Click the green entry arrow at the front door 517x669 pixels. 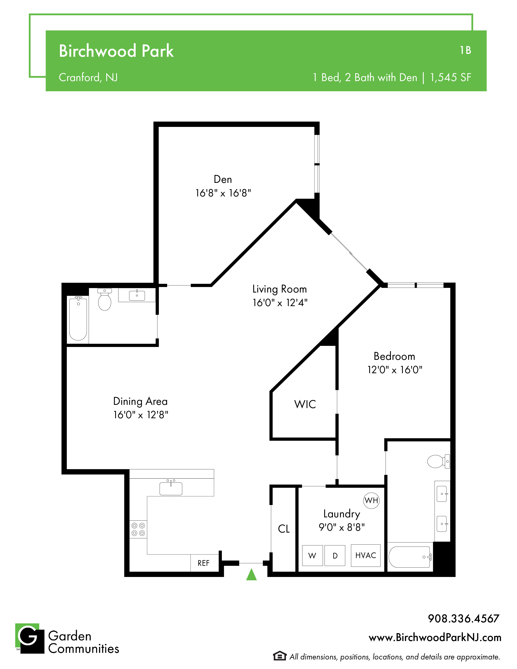click(x=251, y=575)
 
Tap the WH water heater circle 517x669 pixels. click(x=371, y=501)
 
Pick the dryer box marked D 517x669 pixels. click(x=335, y=555)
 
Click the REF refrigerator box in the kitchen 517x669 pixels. click(x=204, y=563)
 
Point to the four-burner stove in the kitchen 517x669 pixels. click(x=138, y=529)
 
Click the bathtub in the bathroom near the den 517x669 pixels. click(x=78, y=318)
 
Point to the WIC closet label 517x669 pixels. click(x=305, y=404)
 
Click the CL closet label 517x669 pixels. click(x=284, y=529)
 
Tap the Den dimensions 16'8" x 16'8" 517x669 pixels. click(x=223, y=193)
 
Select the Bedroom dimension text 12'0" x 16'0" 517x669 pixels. click(x=395, y=370)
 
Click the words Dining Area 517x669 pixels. click(x=141, y=401)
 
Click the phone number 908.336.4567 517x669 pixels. click(x=464, y=619)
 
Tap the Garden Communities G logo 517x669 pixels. click(x=30, y=638)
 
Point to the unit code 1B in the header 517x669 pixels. click(x=466, y=50)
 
